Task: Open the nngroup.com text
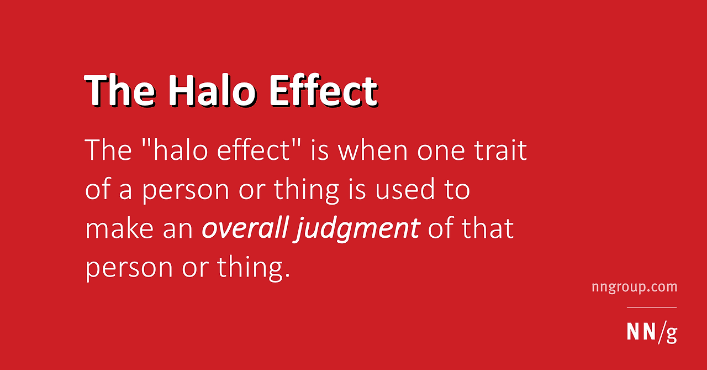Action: pos(634,287)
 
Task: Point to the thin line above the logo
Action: pos(651,308)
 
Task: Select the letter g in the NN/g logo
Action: pos(671,333)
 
